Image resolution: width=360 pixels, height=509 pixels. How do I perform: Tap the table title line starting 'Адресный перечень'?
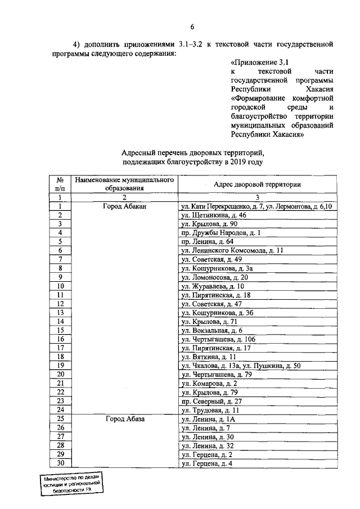tap(192, 152)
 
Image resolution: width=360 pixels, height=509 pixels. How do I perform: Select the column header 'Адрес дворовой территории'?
tap(257, 184)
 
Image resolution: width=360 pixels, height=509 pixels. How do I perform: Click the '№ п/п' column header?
tap(60, 184)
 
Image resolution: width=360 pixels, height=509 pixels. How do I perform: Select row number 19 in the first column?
tap(60, 365)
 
